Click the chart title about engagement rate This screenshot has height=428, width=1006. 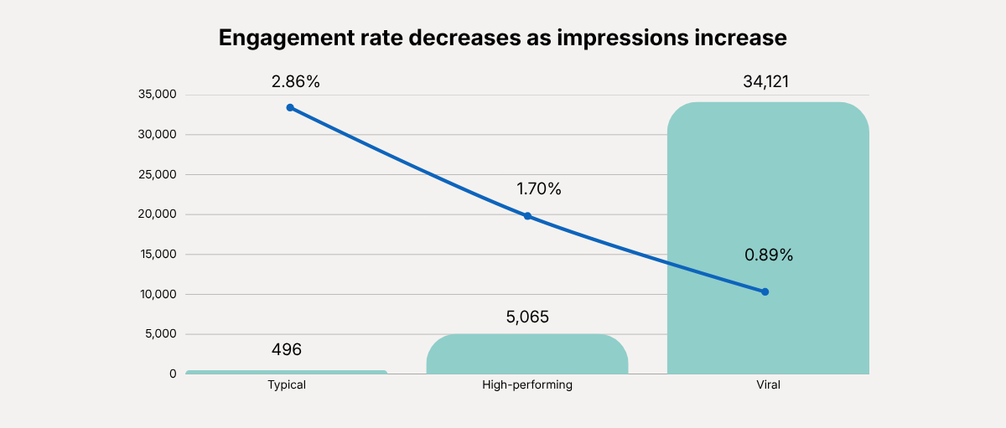(x=502, y=39)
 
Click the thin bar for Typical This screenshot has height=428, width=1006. (x=287, y=372)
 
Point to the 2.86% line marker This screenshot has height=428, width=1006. (x=290, y=107)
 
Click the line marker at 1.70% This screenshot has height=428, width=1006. (x=527, y=216)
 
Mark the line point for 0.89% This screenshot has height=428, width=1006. (x=765, y=291)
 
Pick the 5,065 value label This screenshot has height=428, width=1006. (x=527, y=317)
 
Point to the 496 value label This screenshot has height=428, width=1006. (x=287, y=350)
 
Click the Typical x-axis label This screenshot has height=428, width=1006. (x=287, y=385)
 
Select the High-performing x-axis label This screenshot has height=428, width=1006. (x=527, y=385)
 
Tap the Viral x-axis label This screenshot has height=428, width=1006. (x=768, y=385)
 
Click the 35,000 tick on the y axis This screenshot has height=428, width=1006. (x=157, y=95)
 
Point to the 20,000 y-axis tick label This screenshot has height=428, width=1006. (x=157, y=214)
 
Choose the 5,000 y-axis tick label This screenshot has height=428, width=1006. (x=159, y=334)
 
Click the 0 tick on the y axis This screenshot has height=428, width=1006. (x=173, y=374)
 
